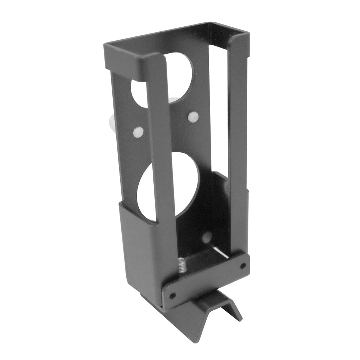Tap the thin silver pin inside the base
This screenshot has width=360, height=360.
(x=220, y=252)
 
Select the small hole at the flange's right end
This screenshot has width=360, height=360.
(x=243, y=266)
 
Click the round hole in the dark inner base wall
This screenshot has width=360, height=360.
(x=207, y=237)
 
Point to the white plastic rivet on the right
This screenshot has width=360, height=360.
(x=193, y=116)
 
